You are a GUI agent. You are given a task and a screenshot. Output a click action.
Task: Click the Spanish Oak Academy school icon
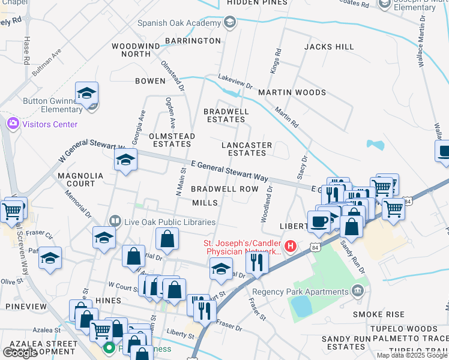click(229, 23)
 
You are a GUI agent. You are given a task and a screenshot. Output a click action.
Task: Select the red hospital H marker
click(291, 246)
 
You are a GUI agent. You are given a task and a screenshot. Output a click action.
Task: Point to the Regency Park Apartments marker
click(358, 292)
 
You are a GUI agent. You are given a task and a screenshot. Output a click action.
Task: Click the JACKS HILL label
click(329, 47)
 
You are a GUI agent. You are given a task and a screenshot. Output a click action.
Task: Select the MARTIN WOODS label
click(292, 92)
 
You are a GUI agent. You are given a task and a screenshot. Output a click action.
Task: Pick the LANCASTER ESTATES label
click(247, 149)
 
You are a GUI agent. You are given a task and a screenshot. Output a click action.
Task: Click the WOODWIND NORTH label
click(136, 50)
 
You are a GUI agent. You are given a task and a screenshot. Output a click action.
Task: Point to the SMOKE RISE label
click(378, 314)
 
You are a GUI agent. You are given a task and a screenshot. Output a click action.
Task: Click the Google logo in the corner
click(20, 353)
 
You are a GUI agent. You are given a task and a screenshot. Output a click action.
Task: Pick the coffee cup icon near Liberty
click(319, 221)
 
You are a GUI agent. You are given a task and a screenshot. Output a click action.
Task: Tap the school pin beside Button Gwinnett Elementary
click(86, 94)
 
